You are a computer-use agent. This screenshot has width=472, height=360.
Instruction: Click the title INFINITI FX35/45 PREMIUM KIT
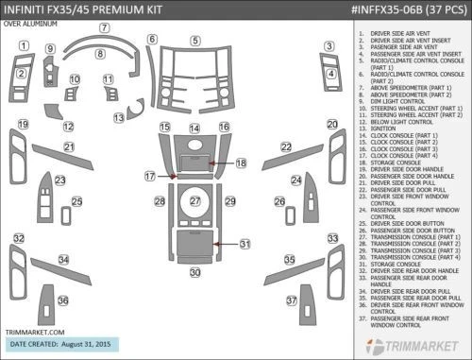coord(76,9)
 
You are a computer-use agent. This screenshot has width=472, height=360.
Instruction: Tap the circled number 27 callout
coord(194,201)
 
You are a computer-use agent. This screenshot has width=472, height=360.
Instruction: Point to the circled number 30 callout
coord(194,272)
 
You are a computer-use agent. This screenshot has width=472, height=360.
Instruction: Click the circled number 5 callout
coord(194,41)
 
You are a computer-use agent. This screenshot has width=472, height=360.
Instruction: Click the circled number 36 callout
coord(63,300)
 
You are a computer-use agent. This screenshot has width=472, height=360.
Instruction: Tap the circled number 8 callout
coord(100,55)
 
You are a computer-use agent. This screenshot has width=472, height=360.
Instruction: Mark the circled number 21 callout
coord(69,146)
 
